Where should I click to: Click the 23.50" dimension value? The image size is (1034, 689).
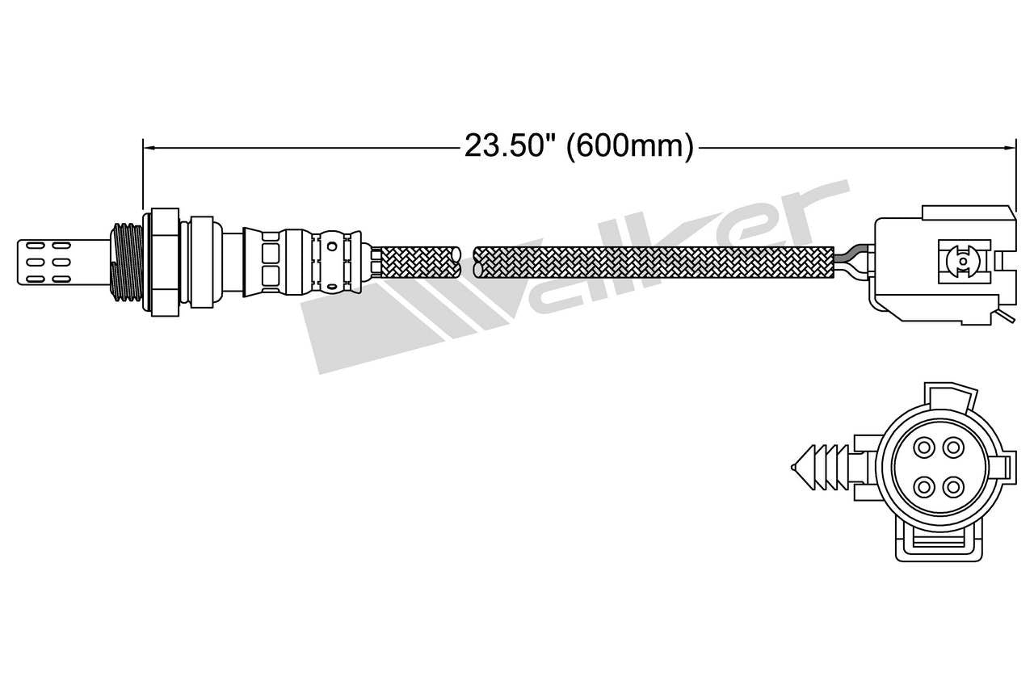pyautogui.click(x=510, y=146)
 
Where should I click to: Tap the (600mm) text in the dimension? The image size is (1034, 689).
pyautogui.click(x=629, y=146)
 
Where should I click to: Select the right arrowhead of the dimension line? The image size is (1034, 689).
pyautogui.click(x=1009, y=147)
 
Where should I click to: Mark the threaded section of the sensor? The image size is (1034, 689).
pyautogui.click(x=126, y=260)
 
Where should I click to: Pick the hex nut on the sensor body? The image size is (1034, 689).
pyautogui.click(x=162, y=260)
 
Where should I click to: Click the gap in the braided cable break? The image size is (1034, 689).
pyautogui.click(x=466, y=262)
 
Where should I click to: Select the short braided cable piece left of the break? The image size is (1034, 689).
pyautogui.click(x=418, y=262)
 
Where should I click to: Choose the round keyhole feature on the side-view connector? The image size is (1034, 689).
pyautogui.click(x=961, y=260)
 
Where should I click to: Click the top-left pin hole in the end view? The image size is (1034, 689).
pyautogui.click(x=923, y=447)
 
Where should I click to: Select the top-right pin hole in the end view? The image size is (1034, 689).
pyautogui.click(x=954, y=447)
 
